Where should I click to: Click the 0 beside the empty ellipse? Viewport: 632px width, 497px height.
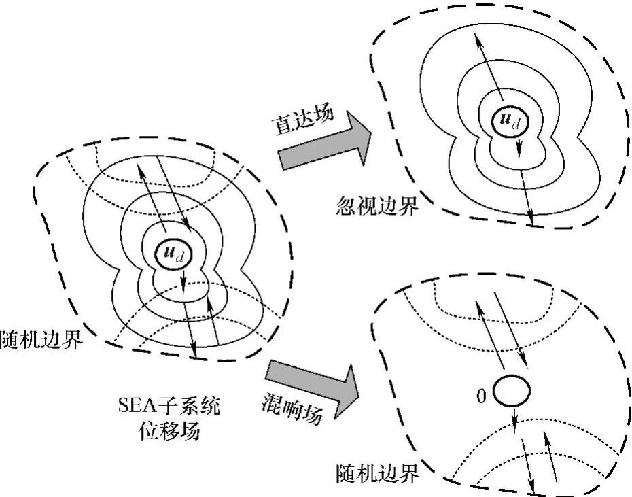481,396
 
